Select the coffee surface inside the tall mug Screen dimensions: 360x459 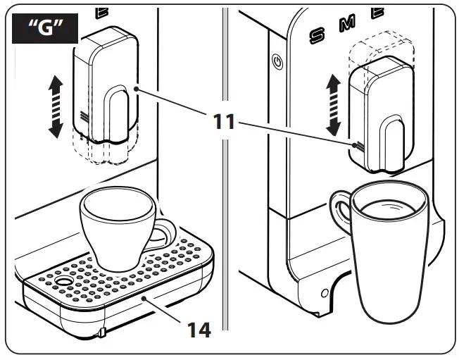click(x=388, y=204)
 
